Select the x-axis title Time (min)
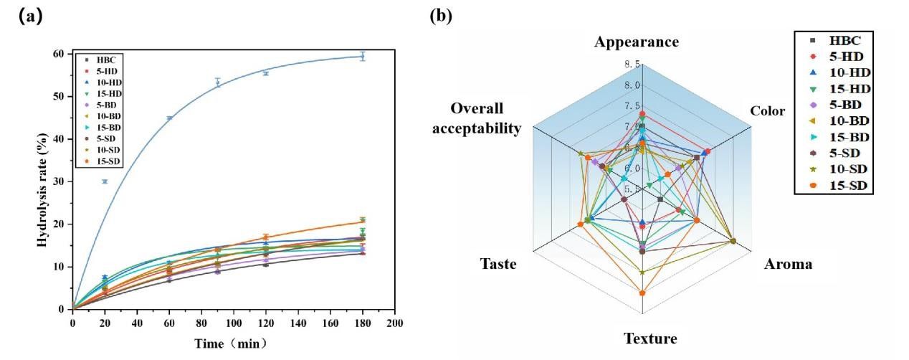click(231, 344)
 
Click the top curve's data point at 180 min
click(363, 56)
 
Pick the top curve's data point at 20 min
click(105, 181)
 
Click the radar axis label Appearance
click(636, 42)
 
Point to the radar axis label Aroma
click(788, 265)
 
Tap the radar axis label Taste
click(498, 265)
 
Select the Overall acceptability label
click(487, 119)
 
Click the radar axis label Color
click(766, 111)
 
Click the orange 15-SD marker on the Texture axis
click(642, 293)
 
